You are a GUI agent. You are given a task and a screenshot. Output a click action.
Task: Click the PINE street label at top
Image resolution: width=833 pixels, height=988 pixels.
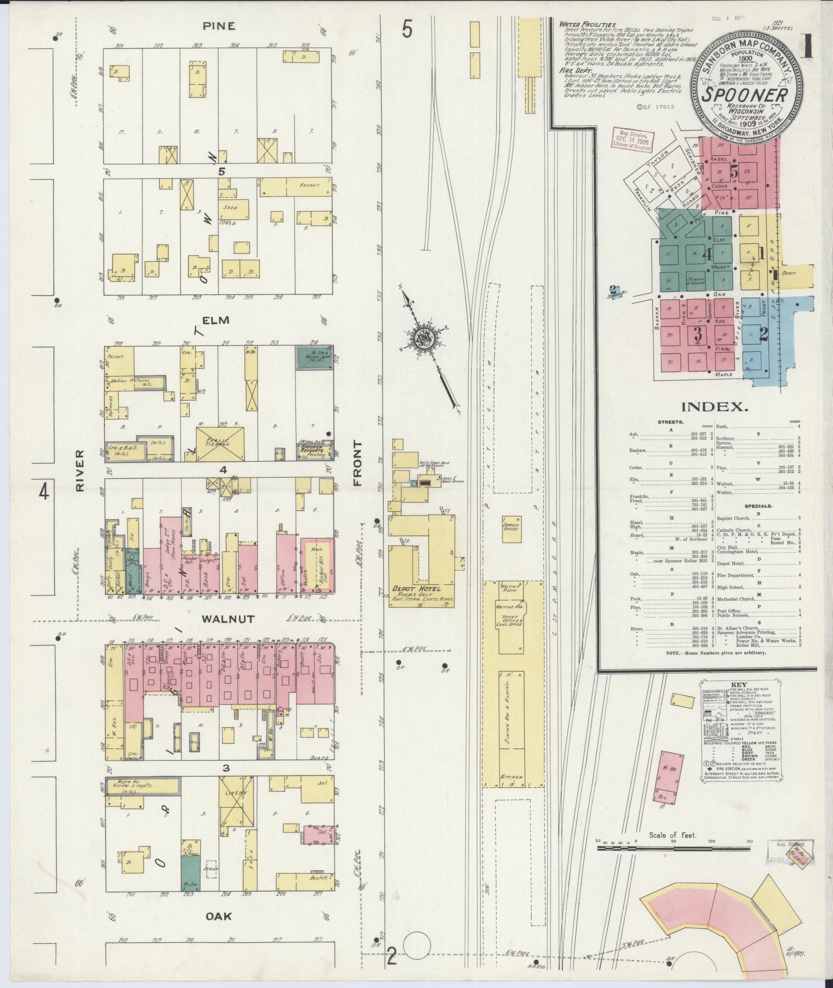coord(219,26)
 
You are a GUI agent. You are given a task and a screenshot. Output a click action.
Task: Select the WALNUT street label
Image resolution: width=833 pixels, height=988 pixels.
coord(228,618)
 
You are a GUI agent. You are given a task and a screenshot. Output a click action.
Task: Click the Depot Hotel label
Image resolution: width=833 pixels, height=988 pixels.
coord(422,589)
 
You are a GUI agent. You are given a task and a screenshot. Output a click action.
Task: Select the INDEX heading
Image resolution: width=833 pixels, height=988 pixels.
coord(715,407)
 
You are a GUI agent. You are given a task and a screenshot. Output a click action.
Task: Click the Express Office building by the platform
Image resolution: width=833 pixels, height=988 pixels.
coord(510,528)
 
